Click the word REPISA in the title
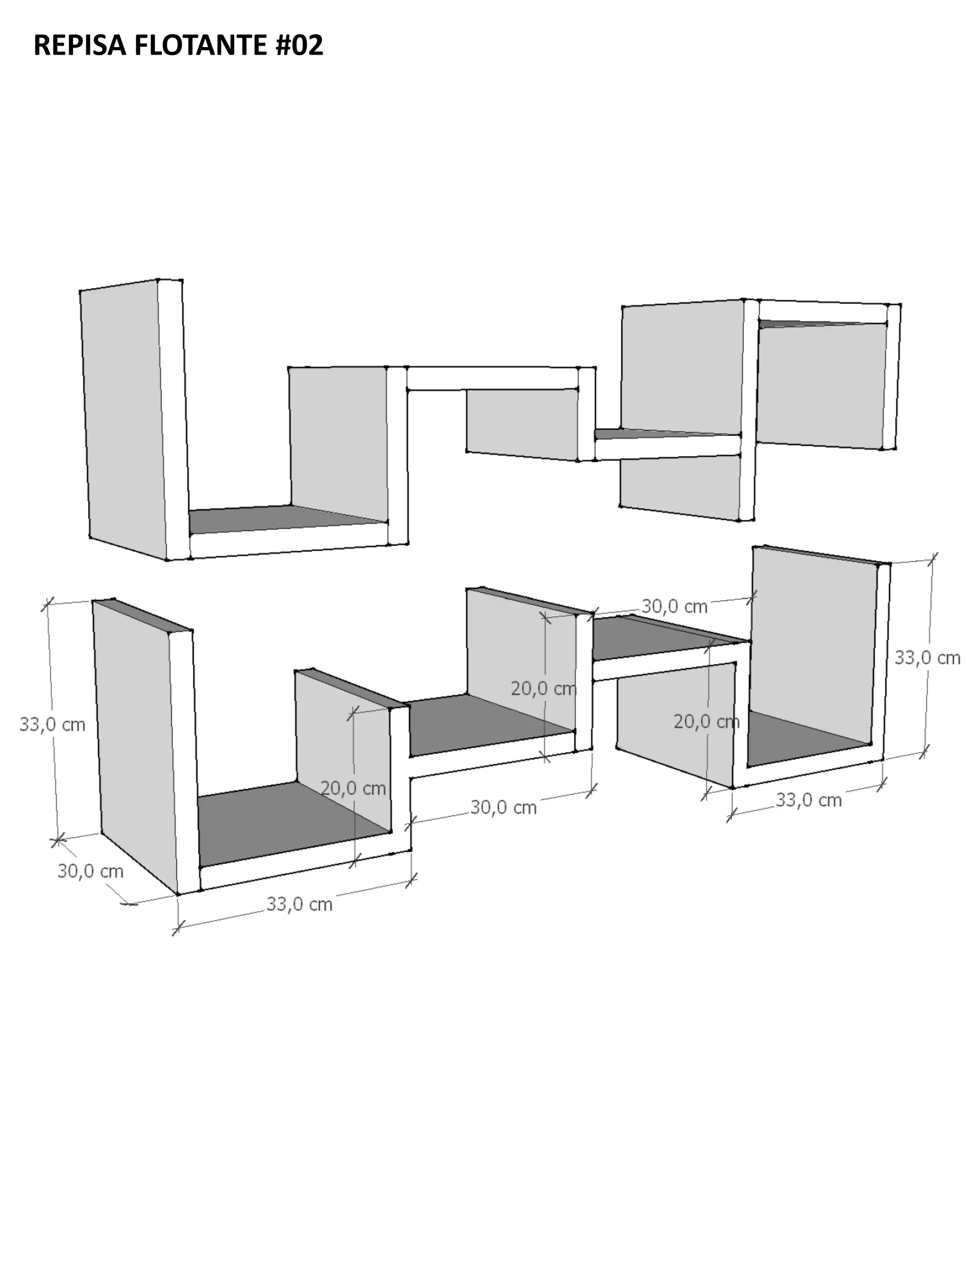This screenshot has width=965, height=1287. [80, 45]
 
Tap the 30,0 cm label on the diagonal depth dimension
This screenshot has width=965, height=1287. [90, 871]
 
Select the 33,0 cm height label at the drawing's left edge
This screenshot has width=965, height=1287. [52, 724]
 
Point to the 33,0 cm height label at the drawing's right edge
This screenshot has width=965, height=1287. [927, 657]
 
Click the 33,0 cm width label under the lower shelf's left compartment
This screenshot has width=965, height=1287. [300, 904]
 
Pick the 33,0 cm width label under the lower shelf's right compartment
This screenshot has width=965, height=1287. [809, 800]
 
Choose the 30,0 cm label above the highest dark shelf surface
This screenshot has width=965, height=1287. [675, 606]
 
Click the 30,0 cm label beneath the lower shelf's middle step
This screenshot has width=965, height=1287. [503, 807]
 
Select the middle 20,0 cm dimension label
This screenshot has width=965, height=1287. [544, 689]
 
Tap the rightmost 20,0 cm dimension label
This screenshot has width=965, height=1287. [707, 721]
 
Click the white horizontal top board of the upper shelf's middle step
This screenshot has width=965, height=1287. [492, 378]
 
